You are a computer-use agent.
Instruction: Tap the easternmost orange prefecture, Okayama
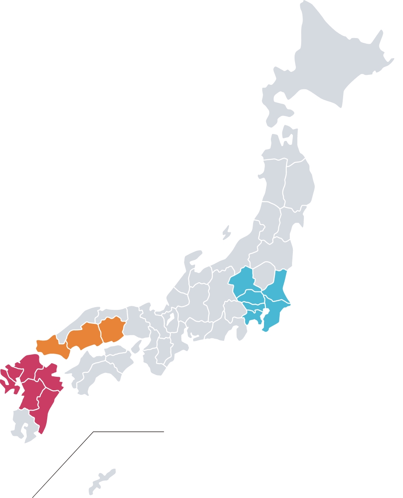tap(112, 330)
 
